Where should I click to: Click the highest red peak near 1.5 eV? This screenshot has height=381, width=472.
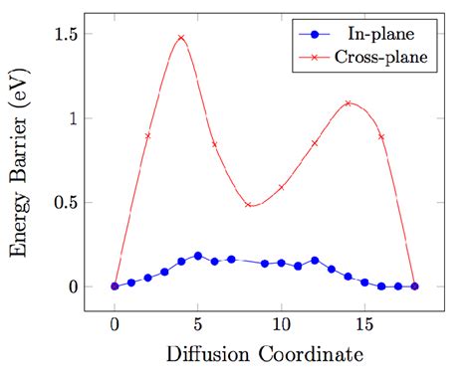[x=181, y=38]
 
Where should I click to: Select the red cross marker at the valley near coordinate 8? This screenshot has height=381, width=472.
[x=248, y=204]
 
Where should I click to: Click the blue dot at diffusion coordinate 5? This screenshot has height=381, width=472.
[x=198, y=256]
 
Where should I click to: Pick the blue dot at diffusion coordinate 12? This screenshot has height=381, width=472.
[x=315, y=261]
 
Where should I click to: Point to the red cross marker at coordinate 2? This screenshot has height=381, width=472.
[x=147, y=135]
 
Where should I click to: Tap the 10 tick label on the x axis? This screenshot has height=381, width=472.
[x=282, y=323]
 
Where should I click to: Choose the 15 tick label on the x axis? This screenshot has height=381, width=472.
[x=364, y=323]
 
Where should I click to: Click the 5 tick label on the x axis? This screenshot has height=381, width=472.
[x=198, y=323]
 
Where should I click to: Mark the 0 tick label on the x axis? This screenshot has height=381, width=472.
[x=115, y=323]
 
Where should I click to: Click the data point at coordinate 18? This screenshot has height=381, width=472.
[x=414, y=286]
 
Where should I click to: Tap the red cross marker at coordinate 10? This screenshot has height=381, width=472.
[x=282, y=187]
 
